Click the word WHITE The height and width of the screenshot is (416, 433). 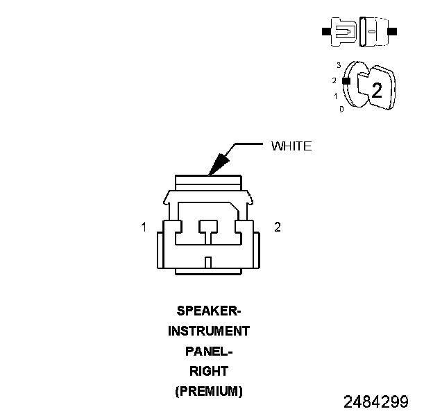(x=291, y=146)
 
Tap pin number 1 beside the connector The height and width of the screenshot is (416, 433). (x=144, y=227)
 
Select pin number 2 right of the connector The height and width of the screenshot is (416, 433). (x=278, y=227)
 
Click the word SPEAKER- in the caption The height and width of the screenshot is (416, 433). (x=209, y=310)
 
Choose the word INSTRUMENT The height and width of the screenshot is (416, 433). (x=209, y=331)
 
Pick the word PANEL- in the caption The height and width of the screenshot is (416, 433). (x=209, y=351)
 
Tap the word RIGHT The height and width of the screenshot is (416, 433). (x=209, y=371)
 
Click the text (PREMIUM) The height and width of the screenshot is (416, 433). (x=209, y=391)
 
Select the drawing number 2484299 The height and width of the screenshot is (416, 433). (x=376, y=402)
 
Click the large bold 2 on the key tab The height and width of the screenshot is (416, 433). (x=377, y=91)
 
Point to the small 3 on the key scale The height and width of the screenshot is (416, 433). (x=338, y=65)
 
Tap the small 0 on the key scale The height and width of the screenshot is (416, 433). (x=341, y=109)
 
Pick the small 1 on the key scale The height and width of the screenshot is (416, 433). (x=336, y=96)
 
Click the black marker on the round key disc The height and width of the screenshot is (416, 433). (x=346, y=80)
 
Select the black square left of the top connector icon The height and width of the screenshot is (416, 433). (x=325, y=32)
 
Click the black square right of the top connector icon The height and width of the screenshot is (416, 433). (x=393, y=32)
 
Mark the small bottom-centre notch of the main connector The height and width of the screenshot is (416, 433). (x=208, y=262)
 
